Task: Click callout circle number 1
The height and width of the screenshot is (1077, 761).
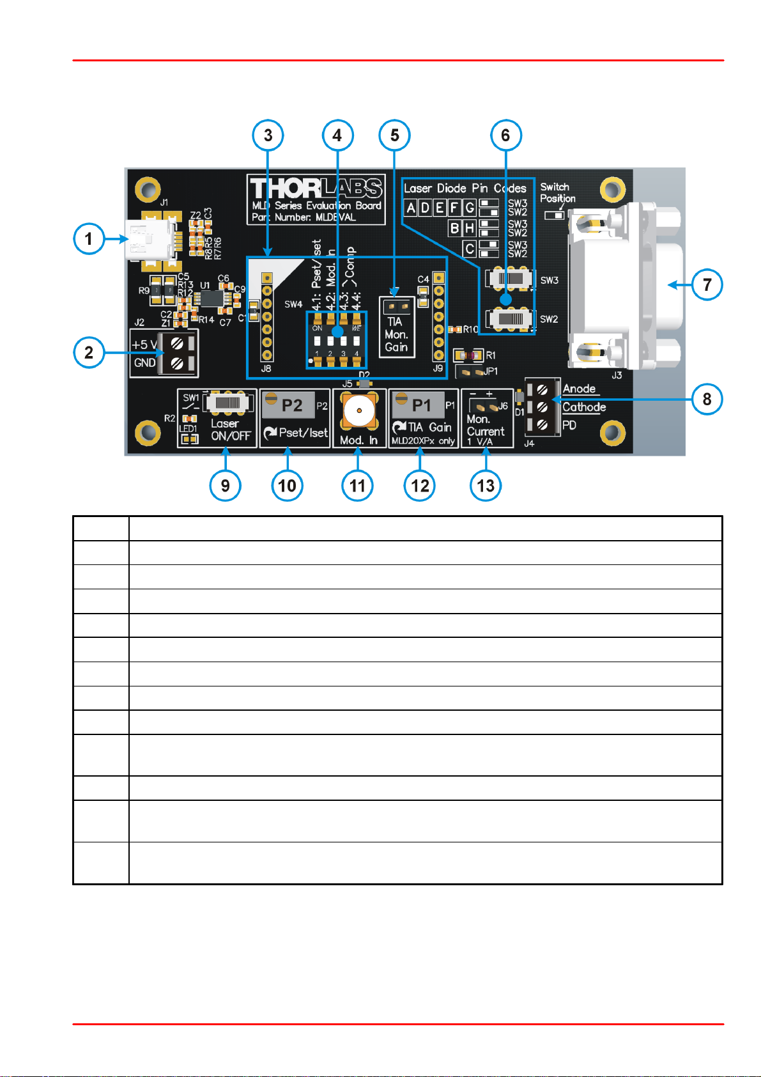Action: tap(89, 239)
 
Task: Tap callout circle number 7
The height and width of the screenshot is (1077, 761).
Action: tap(707, 284)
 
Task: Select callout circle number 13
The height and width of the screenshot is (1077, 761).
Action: tap(486, 485)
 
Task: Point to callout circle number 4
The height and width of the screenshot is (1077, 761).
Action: tap(337, 135)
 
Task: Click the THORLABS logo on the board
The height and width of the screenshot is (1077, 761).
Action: tap(316, 189)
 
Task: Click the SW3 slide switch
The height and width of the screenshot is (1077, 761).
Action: tap(511, 279)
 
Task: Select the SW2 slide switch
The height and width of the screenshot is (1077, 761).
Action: tap(511, 318)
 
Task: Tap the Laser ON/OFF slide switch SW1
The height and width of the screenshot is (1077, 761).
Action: tap(226, 403)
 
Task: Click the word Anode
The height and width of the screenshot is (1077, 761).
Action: tap(579, 389)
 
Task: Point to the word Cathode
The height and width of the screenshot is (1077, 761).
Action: tap(583, 407)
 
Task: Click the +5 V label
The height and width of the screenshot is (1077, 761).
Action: tap(144, 345)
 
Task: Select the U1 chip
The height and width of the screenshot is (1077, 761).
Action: tap(210, 298)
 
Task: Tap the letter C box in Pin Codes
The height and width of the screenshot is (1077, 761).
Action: tap(470, 248)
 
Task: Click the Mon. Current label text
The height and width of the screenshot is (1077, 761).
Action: tap(486, 426)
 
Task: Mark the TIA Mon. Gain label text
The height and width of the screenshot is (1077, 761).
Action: tap(396, 334)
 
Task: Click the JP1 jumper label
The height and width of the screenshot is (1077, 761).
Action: tap(491, 371)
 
